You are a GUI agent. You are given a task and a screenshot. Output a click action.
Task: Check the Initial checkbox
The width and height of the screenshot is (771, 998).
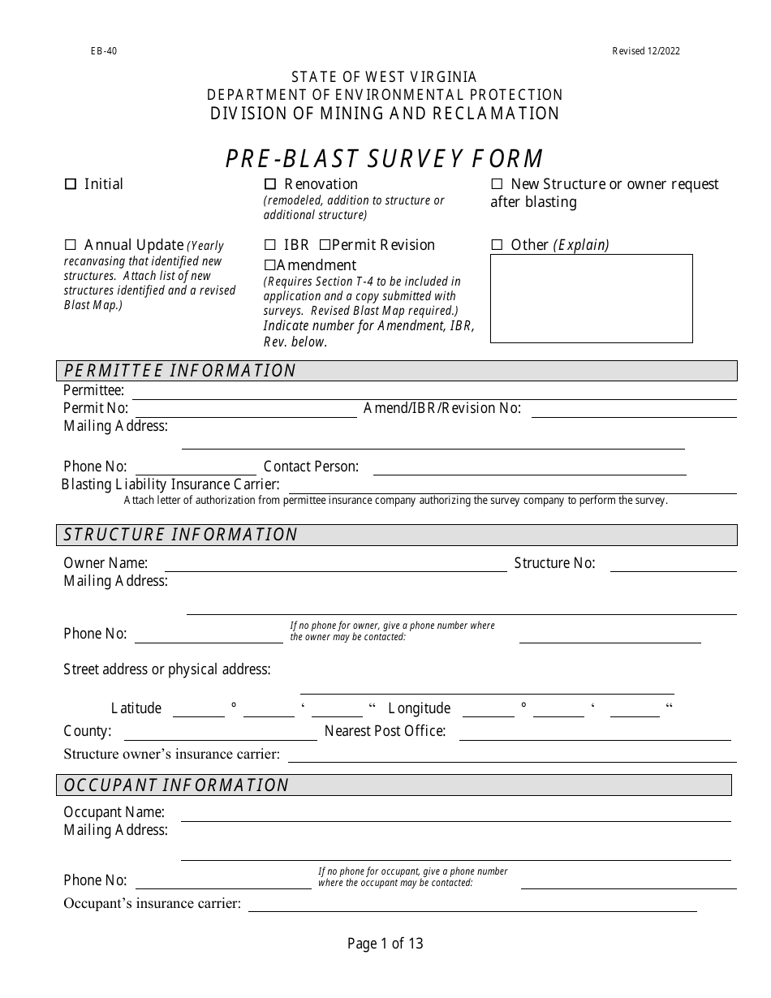[70, 185]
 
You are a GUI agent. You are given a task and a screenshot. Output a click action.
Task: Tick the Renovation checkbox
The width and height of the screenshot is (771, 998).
[270, 185]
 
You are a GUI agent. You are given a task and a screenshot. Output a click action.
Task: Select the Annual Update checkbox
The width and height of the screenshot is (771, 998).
[70, 245]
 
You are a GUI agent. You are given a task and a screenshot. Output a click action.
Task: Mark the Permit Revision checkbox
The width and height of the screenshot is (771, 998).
[325, 245]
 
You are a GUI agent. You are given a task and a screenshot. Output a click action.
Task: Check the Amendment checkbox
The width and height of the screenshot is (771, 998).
[270, 265]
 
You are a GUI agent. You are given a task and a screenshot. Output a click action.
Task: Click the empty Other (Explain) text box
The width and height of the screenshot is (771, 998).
[591, 298]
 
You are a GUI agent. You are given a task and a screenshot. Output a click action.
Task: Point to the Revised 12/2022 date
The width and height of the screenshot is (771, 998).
[646, 51]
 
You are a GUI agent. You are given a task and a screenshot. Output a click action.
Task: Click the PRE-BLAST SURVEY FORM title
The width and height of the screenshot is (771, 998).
[385, 158]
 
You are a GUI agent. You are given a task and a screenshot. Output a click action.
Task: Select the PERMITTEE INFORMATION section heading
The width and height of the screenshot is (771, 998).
[180, 371]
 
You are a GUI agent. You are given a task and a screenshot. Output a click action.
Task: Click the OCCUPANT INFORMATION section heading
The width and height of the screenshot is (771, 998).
[176, 785]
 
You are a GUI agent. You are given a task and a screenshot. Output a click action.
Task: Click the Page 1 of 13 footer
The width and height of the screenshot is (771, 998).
[385, 944]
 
